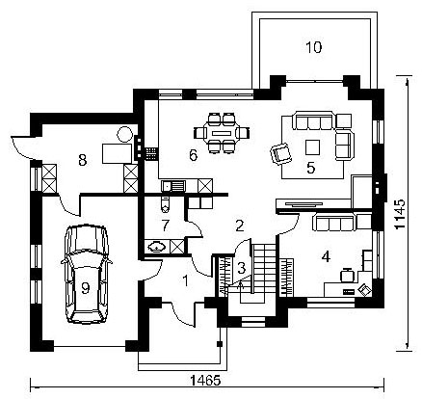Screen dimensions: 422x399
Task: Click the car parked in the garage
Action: pos(86,274)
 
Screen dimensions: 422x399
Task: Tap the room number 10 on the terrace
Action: pos(313,47)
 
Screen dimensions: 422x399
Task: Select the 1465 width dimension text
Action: pos(205,381)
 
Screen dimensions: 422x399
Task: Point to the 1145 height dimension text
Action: pos(400,214)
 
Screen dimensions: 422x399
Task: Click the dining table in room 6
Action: pos(222,132)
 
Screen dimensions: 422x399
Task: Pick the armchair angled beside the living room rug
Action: pos(281,154)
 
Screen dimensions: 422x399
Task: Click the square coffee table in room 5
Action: pos(312,147)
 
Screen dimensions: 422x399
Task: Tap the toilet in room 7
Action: pos(165,203)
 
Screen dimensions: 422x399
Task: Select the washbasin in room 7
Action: pos(157,247)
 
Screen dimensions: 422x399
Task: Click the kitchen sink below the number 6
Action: pos(173,186)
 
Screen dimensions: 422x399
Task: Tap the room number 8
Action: pos(83,160)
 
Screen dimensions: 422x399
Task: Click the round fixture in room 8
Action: pos(124,135)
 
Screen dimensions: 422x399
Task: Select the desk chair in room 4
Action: pos(347,275)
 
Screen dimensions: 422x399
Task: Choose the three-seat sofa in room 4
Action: pos(334,223)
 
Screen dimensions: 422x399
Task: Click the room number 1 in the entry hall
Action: pos(185,280)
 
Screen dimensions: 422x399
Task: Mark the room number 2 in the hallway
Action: pos(240,226)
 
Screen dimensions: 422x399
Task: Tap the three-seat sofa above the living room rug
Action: pos(313,120)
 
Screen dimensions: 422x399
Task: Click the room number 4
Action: pos(326,257)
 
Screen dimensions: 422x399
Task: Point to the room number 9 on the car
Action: pos(85,288)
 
